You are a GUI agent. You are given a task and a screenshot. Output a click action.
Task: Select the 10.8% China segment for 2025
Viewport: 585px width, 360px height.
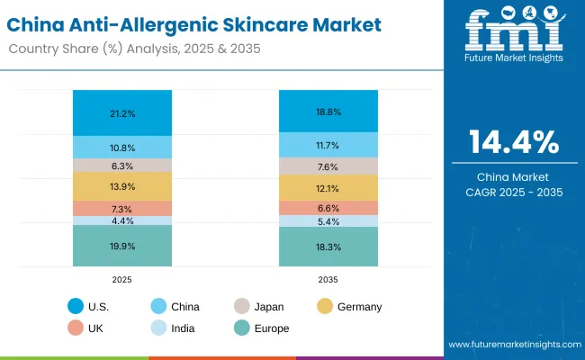pos(122,147)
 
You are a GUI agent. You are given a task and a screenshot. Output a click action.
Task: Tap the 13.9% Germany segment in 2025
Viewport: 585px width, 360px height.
pos(122,185)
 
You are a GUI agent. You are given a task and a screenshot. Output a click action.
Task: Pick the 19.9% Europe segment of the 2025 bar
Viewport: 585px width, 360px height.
pos(122,246)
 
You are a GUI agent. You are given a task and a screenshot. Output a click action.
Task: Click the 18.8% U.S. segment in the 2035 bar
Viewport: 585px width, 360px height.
pos(328,111)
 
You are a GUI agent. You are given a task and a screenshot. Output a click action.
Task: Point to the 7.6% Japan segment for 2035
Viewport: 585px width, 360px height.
pos(328,166)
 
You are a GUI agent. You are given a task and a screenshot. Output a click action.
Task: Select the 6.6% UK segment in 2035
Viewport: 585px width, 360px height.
pos(328,208)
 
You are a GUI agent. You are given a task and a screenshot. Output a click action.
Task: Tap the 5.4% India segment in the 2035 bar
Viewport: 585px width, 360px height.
pos(328,221)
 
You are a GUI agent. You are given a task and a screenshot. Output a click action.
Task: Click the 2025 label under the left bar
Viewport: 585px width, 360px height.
pos(122,280)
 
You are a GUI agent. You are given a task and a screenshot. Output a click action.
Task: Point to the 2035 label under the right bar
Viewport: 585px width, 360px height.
pos(328,280)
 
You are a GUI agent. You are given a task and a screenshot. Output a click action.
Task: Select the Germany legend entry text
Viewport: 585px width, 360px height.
pos(360,307)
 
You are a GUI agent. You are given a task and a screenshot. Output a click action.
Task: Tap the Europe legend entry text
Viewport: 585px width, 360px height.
pos(272,328)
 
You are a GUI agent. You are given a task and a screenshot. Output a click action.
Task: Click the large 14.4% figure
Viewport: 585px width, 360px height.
pos(514,143)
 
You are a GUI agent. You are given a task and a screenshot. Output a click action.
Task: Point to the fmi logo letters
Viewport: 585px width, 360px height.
pos(514,31)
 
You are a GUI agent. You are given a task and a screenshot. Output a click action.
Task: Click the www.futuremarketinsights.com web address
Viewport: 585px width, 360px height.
pos(512,345)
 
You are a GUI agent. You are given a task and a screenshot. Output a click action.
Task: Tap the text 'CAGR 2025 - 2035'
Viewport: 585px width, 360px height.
pos(514,192)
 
